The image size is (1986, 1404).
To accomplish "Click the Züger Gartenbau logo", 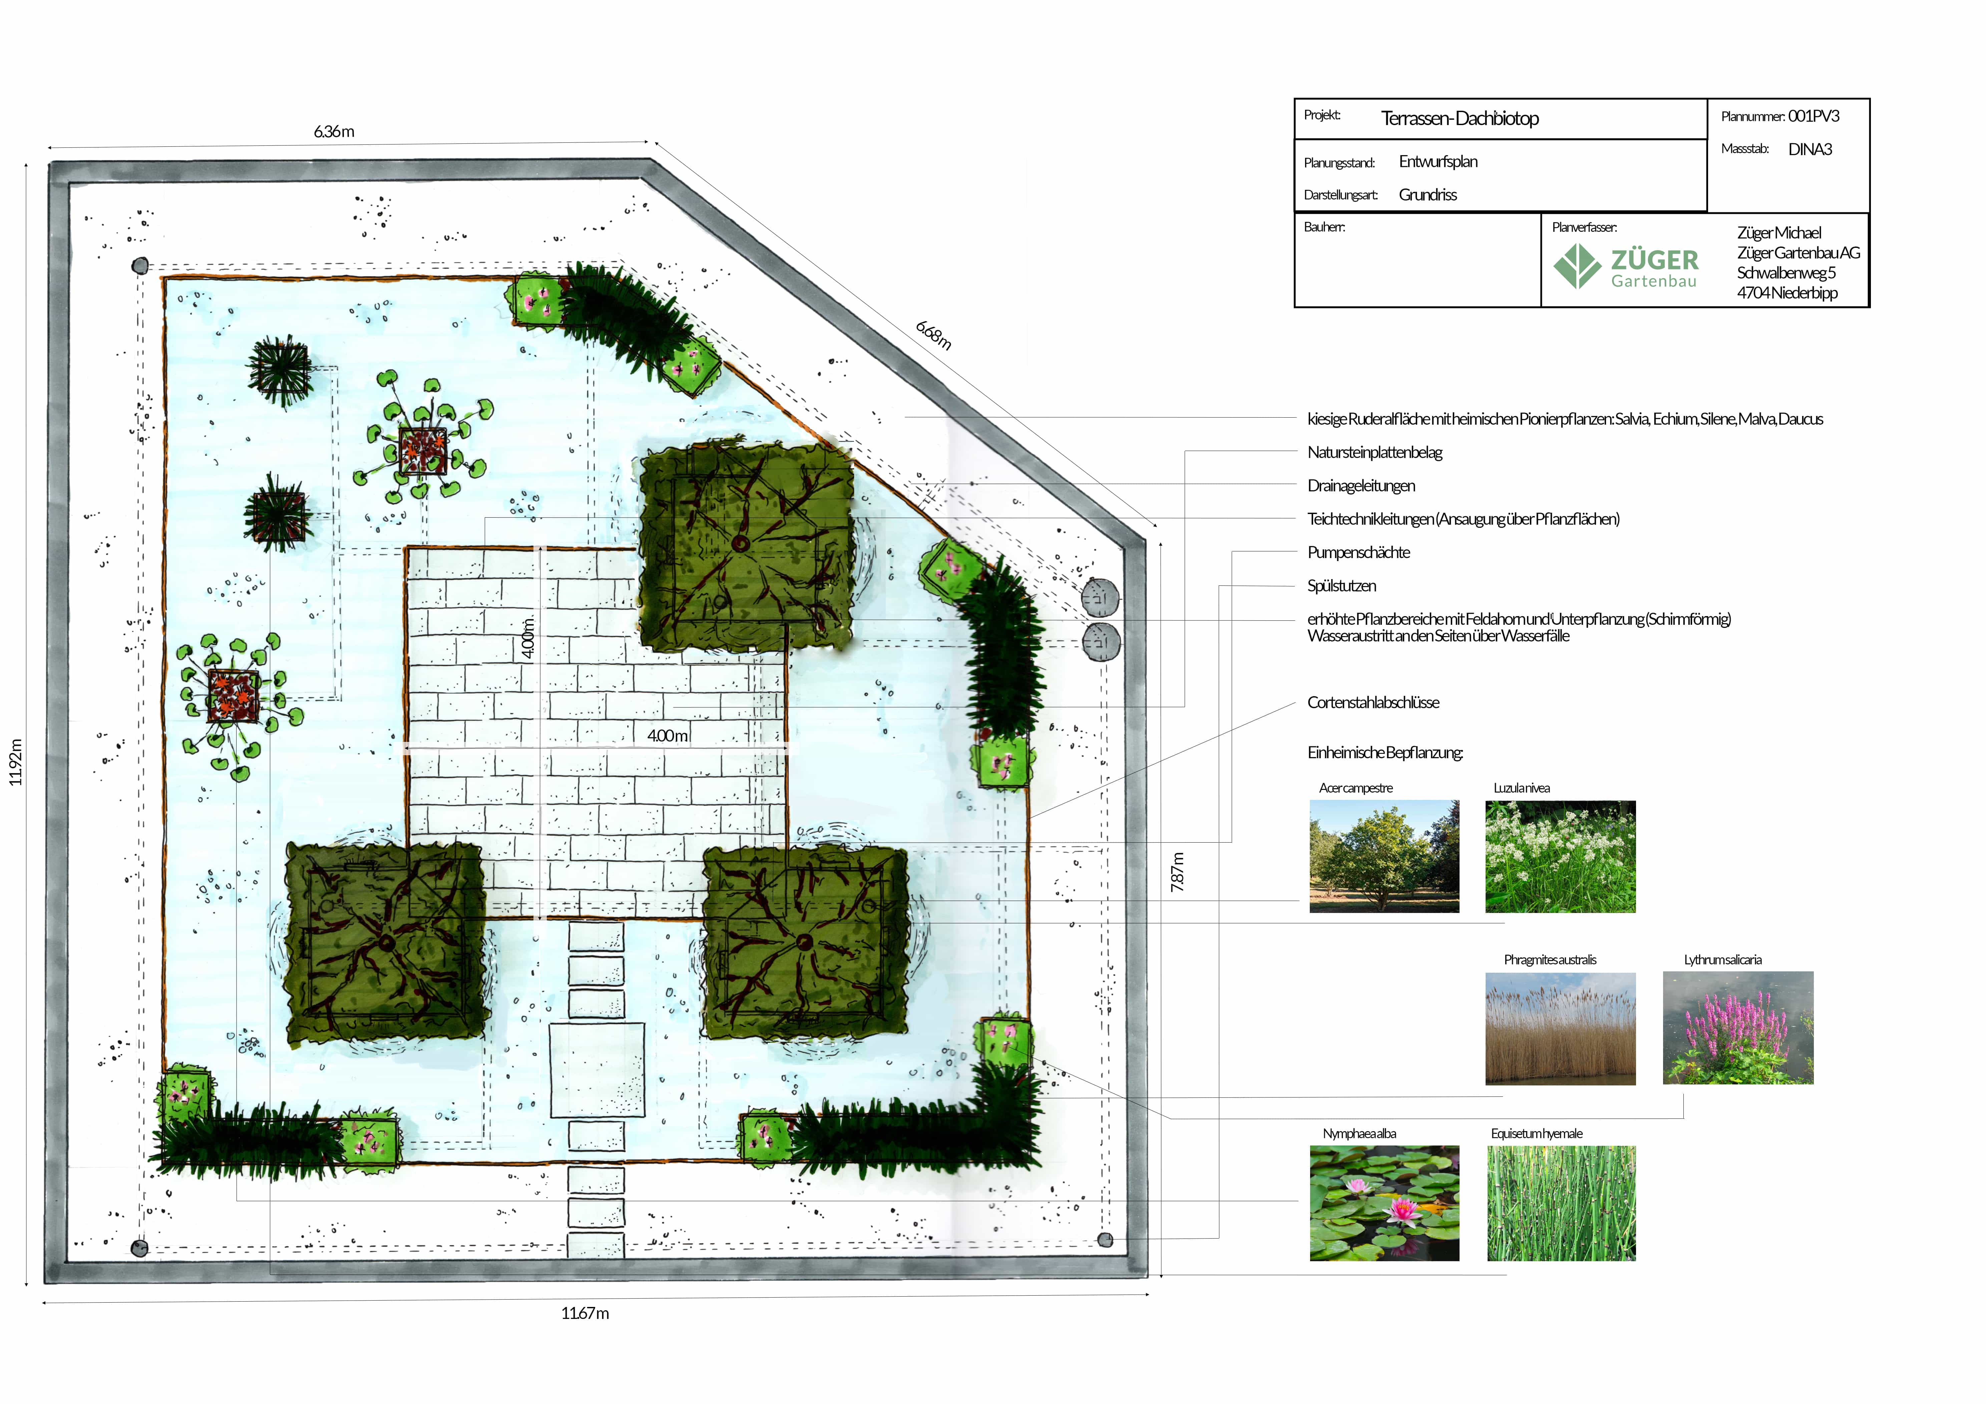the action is coord(1626,266).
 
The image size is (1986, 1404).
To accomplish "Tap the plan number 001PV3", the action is coord(1814,116).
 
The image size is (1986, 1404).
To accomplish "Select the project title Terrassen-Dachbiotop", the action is coord(1460,118).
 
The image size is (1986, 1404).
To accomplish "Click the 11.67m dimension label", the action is coord(585,1313).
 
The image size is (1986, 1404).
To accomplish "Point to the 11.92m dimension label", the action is coord(16,761).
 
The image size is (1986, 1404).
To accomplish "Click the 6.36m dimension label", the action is coord(334,131).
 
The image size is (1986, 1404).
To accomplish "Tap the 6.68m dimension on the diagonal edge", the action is coord(933,335).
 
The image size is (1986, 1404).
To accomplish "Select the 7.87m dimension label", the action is coord(1177,872).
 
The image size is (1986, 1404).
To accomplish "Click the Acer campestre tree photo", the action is coord(1384,856).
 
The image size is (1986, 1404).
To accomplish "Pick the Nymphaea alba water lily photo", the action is coord(1384,1203).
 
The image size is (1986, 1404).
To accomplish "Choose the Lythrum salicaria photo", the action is coord(1738,1028).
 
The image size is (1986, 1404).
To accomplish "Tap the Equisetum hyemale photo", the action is coord(1561,1203).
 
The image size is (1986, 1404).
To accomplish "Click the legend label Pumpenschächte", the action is coord(1358,552).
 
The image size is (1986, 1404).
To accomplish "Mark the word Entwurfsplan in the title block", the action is coord(1438,162).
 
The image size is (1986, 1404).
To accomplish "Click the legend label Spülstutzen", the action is coord(1341,586).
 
